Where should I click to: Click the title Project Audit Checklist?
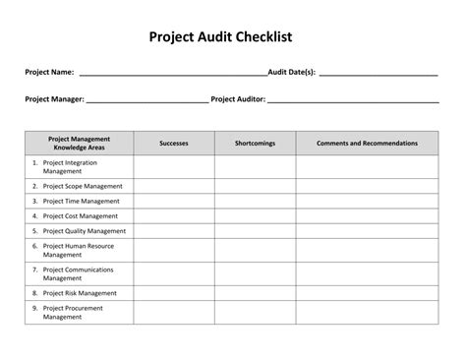pyautogui.click(x=233, y=37)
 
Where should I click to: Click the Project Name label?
pyautogui.click(x=49, y=73)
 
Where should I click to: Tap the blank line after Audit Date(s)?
pyautogui.click(x=378, y=73)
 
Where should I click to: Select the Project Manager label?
pyautogui.click(x=55, y=99)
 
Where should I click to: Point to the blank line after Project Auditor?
pyautogui.click(x=352, y=99)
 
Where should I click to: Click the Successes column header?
pyautogui.click(x=174, y=144)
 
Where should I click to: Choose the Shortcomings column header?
pyautogui.click(x=255, y=144)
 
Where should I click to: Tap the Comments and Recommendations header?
pyautogui.click(x=367, y=144)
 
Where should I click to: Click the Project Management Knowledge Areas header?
pyautogui.click(x=79, y=144)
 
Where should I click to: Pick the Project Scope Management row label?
pyautogui.click(x=83, y=186)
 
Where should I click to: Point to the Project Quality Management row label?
pyautogui.click(x=85, y=231)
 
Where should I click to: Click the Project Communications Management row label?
pyautogui.click(x=79, y=273)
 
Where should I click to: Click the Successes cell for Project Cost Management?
pyautogui.click(x=174, y=215)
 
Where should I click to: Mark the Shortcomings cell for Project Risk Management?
pyautogui.click(x=255, y=292)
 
